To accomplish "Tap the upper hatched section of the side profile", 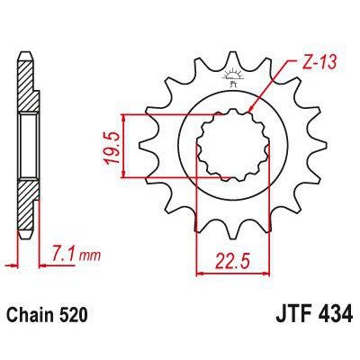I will [x=27, y=85].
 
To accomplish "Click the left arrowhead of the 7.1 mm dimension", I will [x=18, y=263].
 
